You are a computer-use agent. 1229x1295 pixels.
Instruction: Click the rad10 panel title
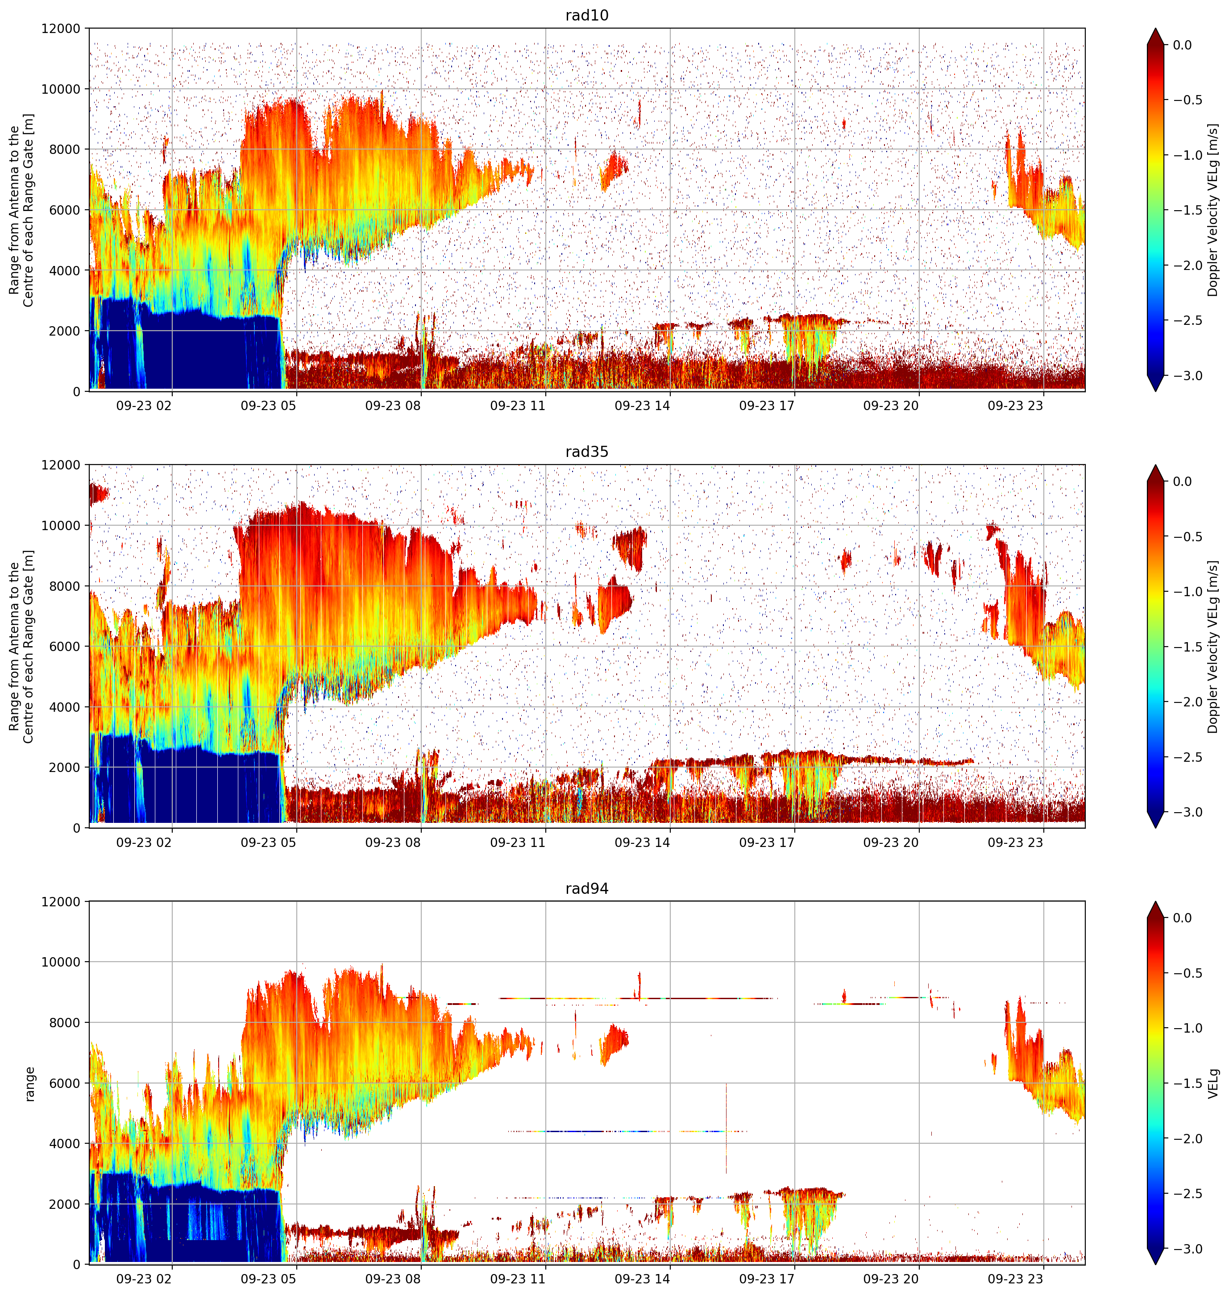pos(586,15)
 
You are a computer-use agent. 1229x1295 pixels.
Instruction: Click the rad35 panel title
pos(586,451)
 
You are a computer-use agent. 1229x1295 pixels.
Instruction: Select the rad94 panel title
pos(586,888)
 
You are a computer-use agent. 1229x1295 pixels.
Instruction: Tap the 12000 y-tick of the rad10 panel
pos(62,29)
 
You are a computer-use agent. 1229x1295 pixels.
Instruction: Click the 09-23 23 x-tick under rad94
pos(1015,1278)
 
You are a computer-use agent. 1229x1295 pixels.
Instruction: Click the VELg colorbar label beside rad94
pos(1213,1083)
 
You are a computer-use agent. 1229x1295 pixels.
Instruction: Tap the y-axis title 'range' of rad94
pos(29,1083)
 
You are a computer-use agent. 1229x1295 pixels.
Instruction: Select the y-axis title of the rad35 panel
pos(21,647)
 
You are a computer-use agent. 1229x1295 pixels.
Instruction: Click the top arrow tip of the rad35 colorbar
pos(1155,466)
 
